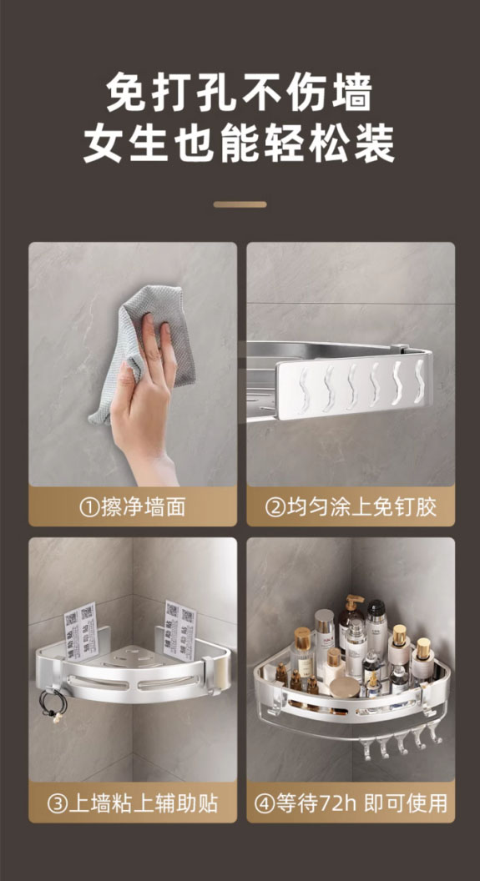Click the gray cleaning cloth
pyautogui.click(x=140, y=349)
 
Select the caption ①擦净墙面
pyautogui.click(x=132, y=507)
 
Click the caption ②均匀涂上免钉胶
pyautogui.click(x=351, y=507)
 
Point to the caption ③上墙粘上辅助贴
pyautogui.click(x=132, y=803)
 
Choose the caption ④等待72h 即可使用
pyautogui.click(x=351, y=803)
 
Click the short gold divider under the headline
pyautogui.click(x=240, y=204)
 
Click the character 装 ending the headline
pyautogui.click(x=374, y=143)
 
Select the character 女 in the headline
pyautogui.click(x=105, y=143)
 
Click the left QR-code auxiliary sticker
pyautogui.click(x=80, y=631)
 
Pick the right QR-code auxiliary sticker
pyautogui.click(x=179, y=629)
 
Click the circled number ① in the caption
pyautogui.click(x=89, y=508)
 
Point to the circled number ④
pyautogui.click(x=264, y=803)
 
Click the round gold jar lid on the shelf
pyautogui.click(x=346, y=687)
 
